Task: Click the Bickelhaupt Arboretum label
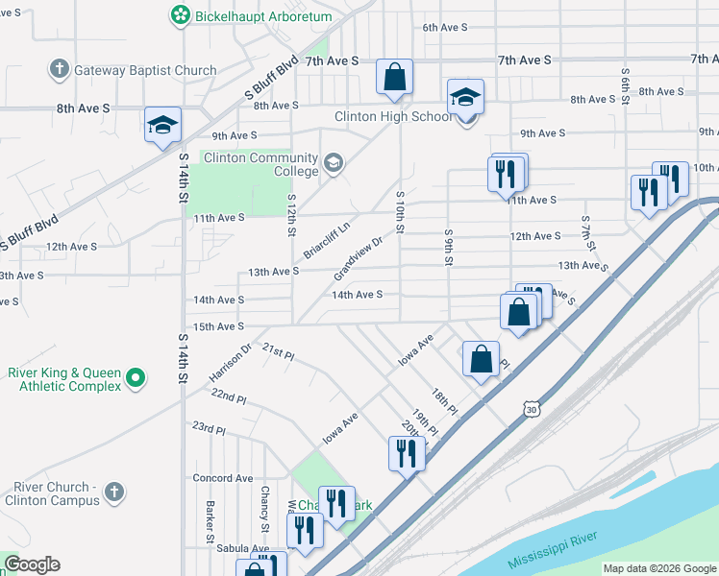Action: click(x=250, y=16)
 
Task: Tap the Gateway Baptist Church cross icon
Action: click(x=60, y=70)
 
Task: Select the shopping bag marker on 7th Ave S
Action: click(x=395, y=78)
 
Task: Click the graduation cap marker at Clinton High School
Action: click(x=465, y=98)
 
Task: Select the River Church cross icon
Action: click(x=113, y=493)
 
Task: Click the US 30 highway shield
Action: click(x=532, y=410)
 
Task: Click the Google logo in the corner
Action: click(x=32, y=564)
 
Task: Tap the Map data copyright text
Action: click(x=658, y=568)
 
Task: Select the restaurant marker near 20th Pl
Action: click(x=406, y=452)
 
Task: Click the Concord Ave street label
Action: click(x=222, y=478)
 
